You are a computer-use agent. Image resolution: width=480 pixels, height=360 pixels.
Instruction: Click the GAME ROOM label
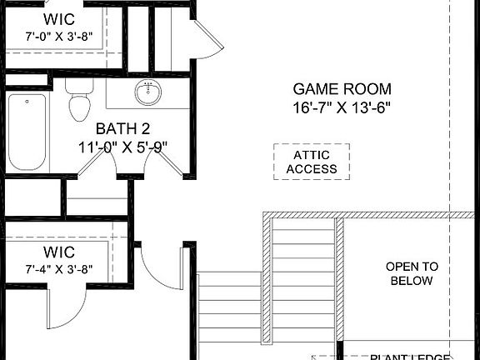point(342,89)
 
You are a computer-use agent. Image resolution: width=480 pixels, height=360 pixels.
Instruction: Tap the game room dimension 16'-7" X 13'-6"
point(342,107)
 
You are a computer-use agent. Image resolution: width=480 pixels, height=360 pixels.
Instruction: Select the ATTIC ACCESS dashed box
point(312,162)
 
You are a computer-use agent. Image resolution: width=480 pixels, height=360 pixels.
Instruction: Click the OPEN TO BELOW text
point(412,273)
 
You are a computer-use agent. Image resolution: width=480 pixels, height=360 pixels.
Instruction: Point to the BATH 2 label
point(122,129)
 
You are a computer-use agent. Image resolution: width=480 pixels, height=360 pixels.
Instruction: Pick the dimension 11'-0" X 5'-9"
point(122,147)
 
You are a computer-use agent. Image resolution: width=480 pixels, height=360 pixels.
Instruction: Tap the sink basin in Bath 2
point(149,92)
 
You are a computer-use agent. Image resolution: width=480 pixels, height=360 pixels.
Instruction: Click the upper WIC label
point(58,19)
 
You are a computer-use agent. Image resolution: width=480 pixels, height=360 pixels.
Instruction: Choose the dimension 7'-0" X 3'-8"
point(58,37)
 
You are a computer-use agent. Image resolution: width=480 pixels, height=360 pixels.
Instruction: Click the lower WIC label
point(58,252)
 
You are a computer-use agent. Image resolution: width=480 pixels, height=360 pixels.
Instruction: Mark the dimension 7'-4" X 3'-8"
point(58,269)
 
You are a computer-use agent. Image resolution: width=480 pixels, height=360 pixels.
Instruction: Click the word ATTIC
point(312,155)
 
